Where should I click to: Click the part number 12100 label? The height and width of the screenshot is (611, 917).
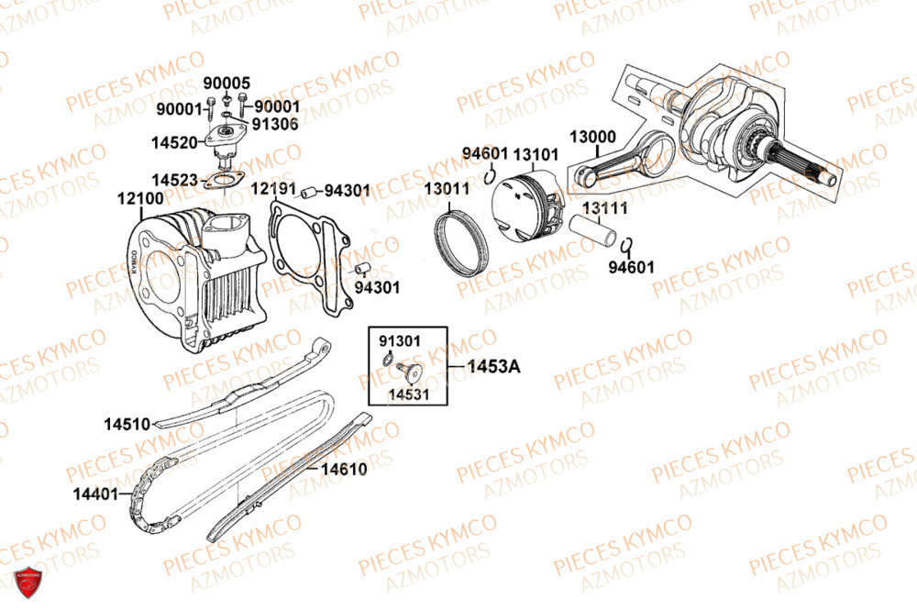pyautogui.click(x=140, y=197)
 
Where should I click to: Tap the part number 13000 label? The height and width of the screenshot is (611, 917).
pyautogui.click(x=592, y=136)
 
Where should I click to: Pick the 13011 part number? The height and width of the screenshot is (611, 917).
pyautogui.click(x=447, y=188)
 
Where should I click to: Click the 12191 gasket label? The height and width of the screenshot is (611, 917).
pyautogui.click(x=272, y=188)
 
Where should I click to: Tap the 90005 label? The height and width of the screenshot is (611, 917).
pyautogui.click(x=226, y=83)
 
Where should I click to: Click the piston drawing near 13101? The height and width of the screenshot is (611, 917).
pyautogui.click(x=532, y=210)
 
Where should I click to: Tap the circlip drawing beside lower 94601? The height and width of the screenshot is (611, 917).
pyautogui.click(x=627, y=245)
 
